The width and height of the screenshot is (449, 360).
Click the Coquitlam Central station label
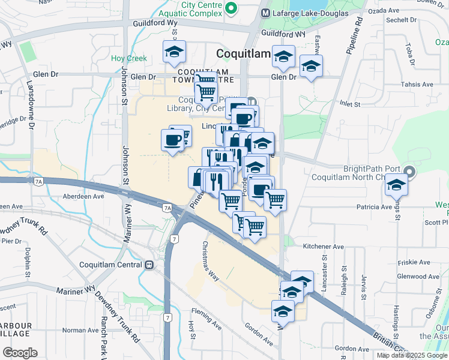point(111,265)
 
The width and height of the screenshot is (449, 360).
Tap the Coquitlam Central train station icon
point(148,265)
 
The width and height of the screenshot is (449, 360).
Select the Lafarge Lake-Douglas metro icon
point(265,12)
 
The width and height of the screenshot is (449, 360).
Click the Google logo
point(20,353)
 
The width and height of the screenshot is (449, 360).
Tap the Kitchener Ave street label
point(323,246)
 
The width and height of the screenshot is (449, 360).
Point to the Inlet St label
point(349,104)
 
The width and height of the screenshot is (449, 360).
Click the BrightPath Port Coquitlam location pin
point(409,172)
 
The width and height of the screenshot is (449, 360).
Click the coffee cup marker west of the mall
point(172,140)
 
